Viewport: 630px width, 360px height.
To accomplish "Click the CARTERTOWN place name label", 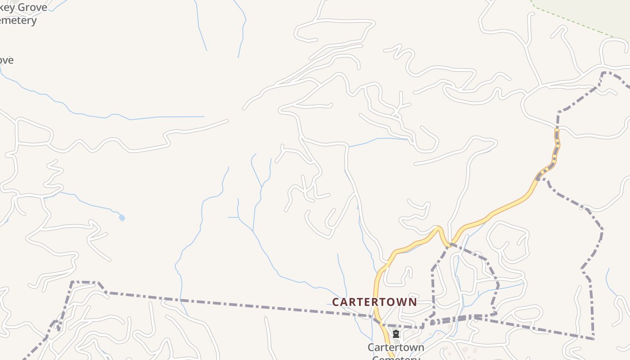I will pos(374,301).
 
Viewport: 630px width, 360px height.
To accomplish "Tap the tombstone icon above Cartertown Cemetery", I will pos(396,334).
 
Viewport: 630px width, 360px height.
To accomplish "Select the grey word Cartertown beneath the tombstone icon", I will pos(396,347).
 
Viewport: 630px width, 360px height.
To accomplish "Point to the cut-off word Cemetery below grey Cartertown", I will pos(396,357).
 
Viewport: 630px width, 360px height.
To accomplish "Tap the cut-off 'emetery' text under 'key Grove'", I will pos(18,20).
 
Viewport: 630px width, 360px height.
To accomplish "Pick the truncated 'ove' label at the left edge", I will pos(6,60).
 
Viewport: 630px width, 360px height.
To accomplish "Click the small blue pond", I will pos(121,218).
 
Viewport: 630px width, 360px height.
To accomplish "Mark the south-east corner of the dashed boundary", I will pos(594,337).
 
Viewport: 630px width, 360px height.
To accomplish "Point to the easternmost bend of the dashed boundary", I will pos(602,229).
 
